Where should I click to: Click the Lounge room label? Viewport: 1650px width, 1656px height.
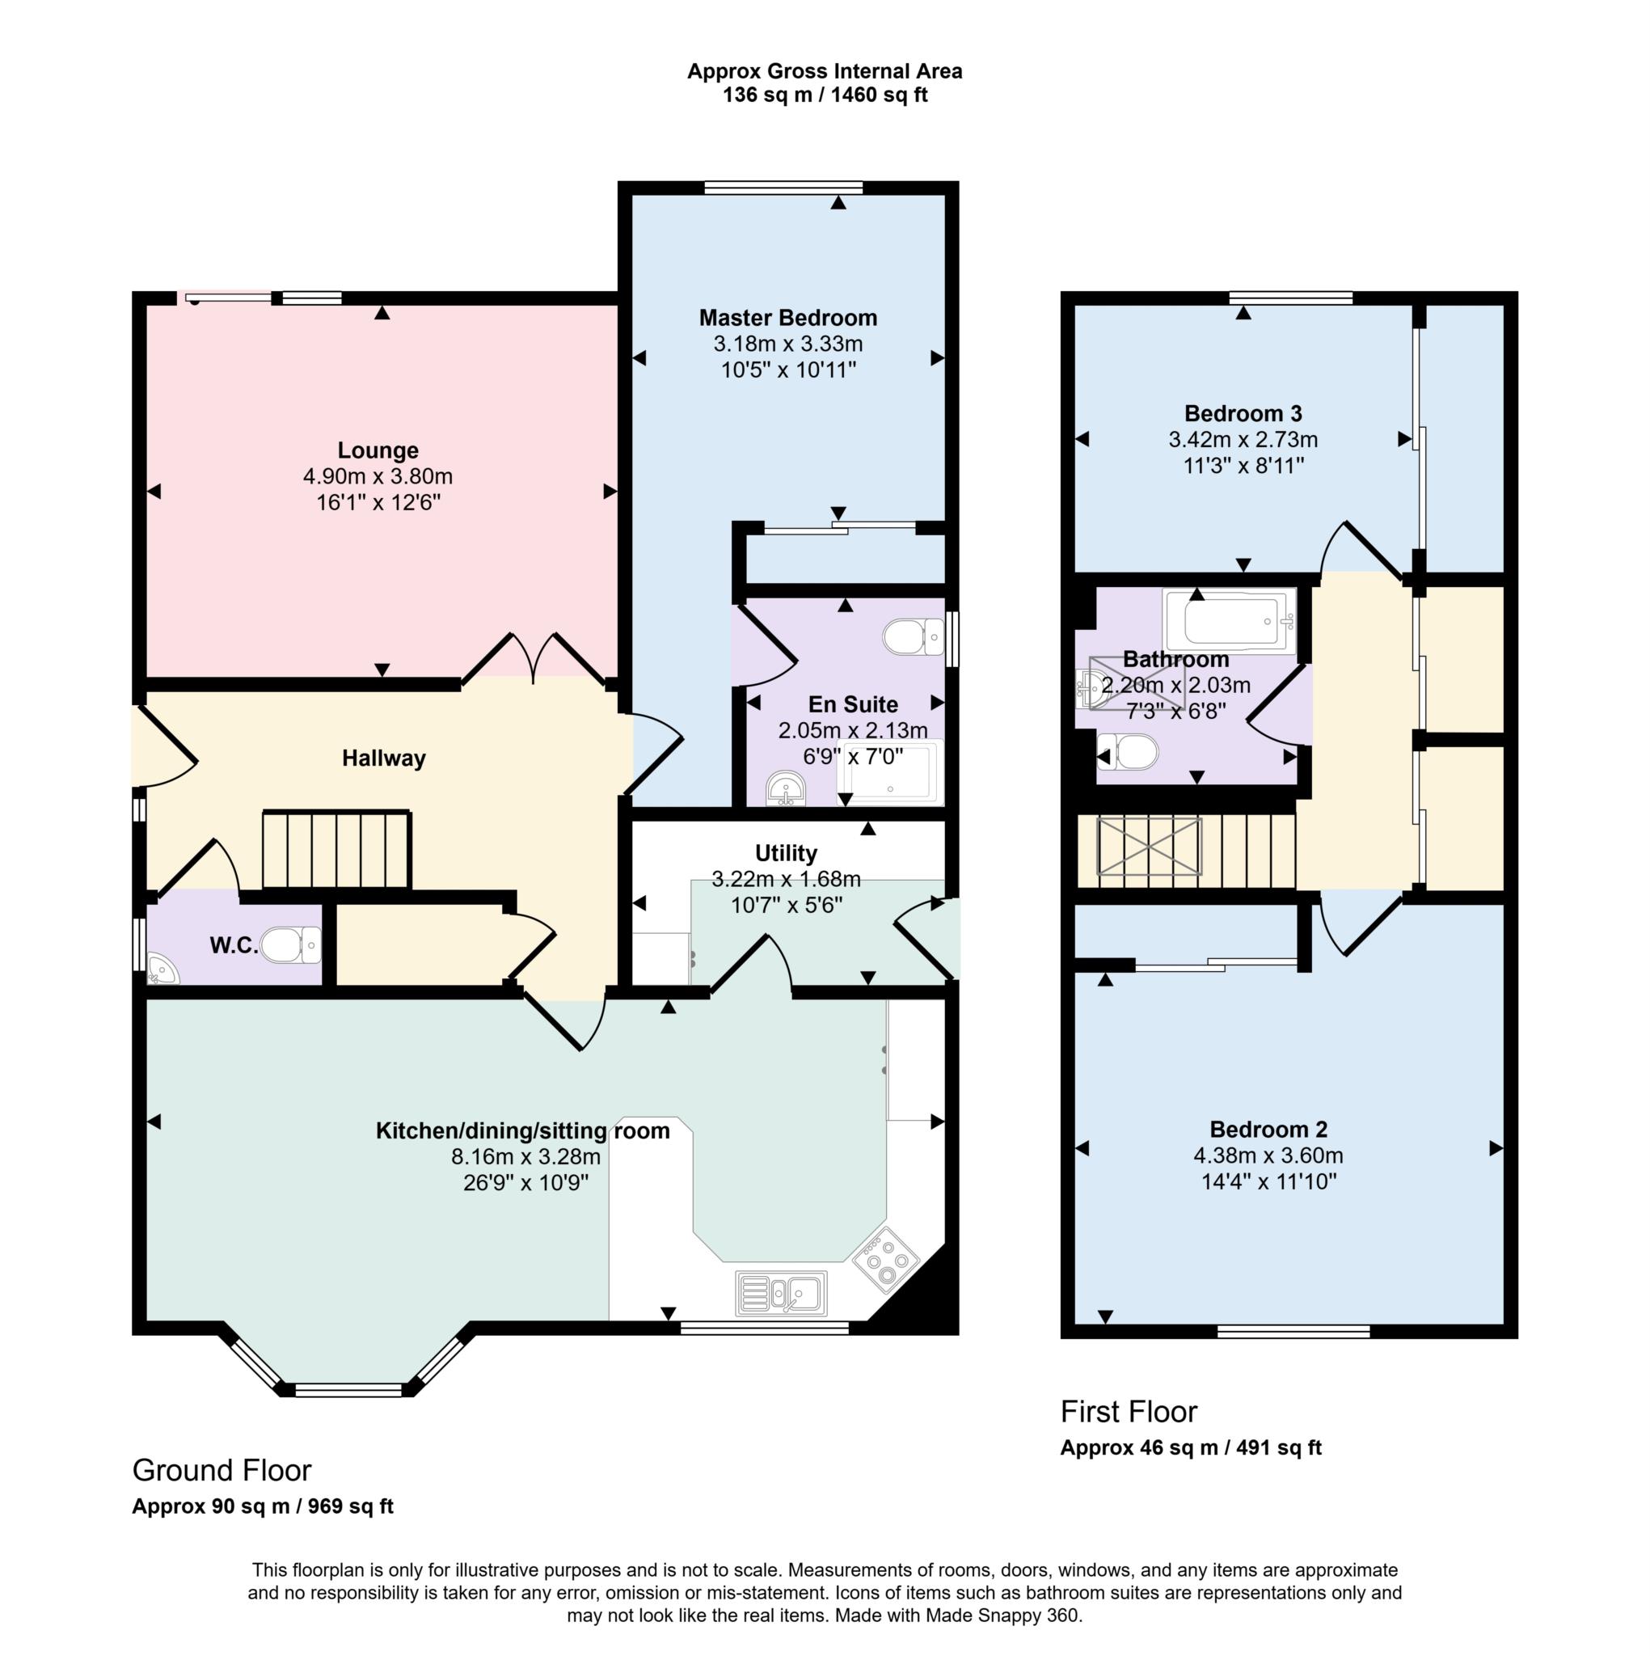pos(378,450)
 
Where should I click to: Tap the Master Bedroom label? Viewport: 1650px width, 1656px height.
pos(787,318)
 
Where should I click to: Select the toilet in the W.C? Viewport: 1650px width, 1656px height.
pos(289,944)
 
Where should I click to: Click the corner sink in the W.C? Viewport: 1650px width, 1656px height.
pos(160,969)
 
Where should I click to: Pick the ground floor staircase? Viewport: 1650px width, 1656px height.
pos(336,850)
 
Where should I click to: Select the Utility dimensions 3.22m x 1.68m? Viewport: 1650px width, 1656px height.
pos(785,879)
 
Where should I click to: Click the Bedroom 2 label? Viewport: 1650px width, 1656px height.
pos(1268,1129)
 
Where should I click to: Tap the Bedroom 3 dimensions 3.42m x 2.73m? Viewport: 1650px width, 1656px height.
pos(1242,440)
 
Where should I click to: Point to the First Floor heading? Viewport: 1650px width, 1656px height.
pos(1128,1411)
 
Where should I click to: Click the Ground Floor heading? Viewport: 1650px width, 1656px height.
pos(222,1470)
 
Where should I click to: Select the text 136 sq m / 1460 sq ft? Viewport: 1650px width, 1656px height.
pos(824,95)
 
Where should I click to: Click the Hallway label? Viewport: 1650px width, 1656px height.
pos(383,758)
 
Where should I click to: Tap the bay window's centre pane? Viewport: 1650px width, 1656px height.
pos(347,1389)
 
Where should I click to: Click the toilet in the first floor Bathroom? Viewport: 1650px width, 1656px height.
pos(1128,752)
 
